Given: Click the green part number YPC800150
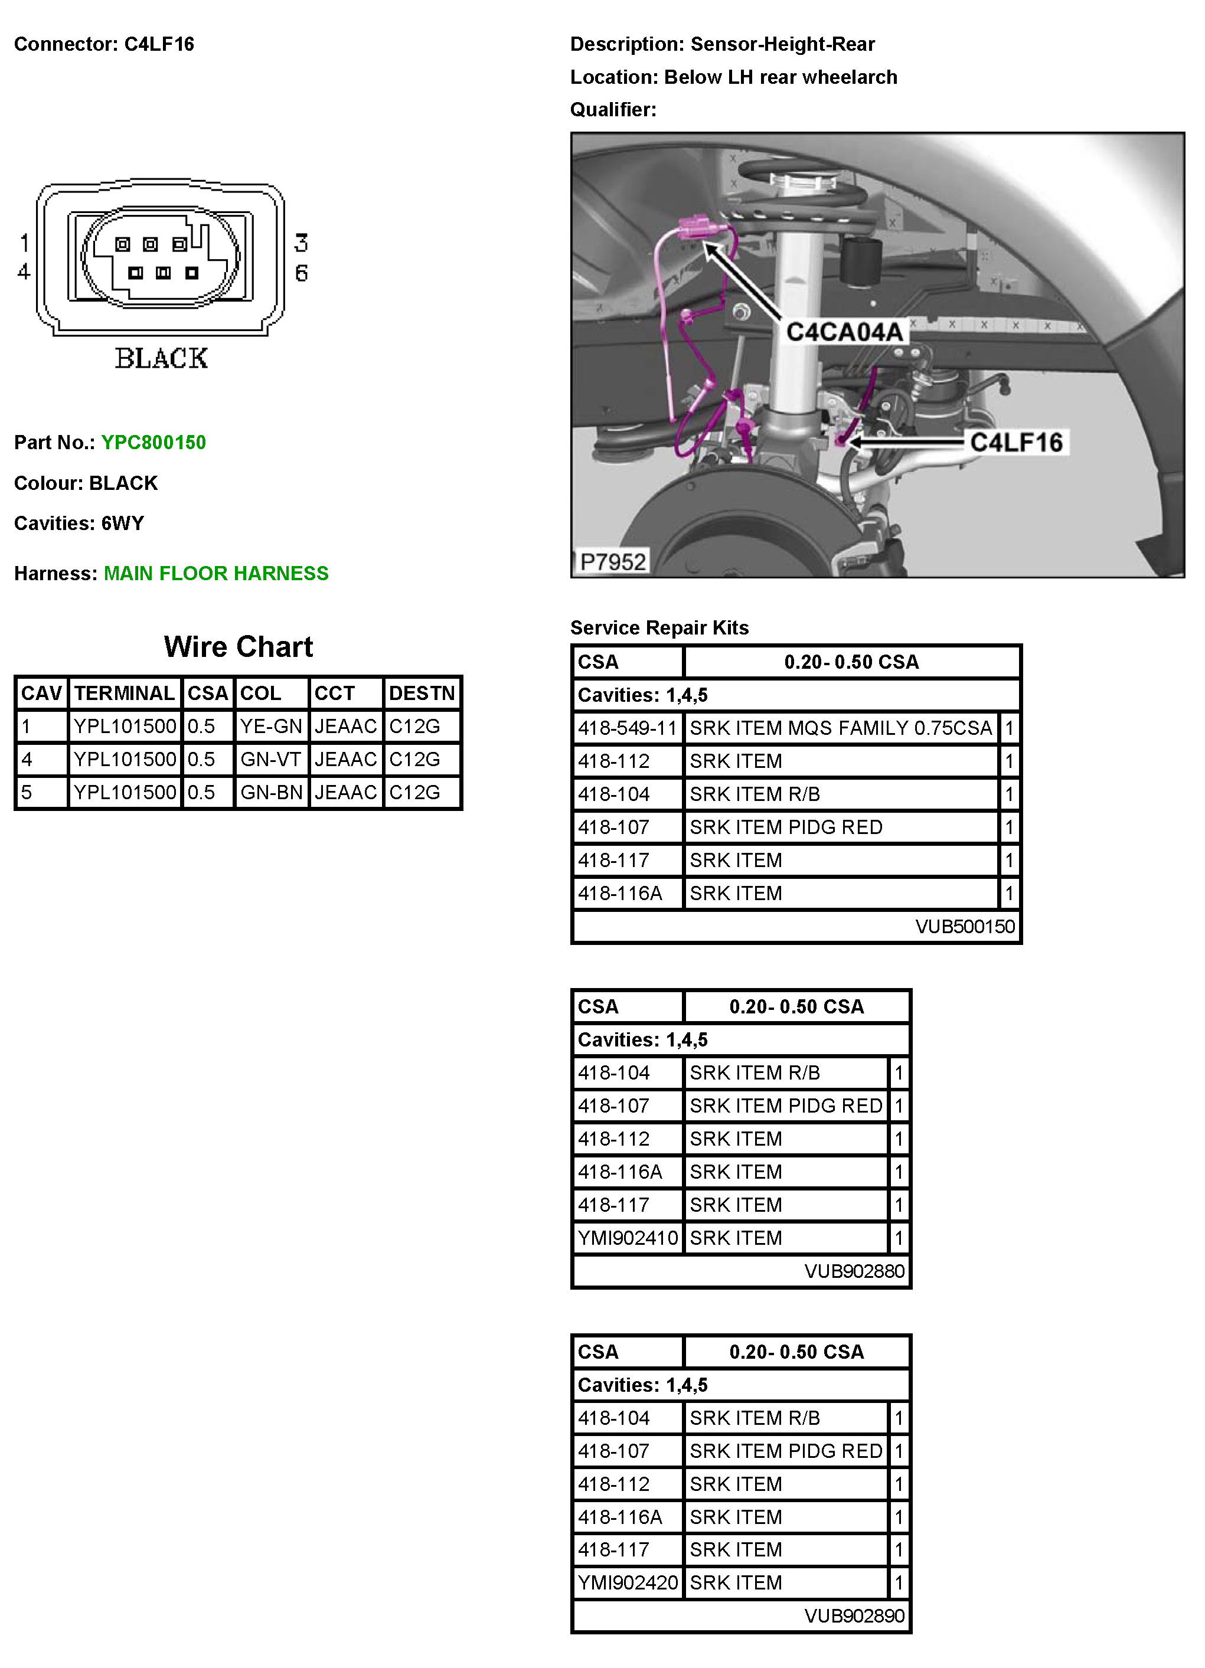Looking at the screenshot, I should pos(153,442).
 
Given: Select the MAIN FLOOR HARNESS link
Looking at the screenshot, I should pos(215,573).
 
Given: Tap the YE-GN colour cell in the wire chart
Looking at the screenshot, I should pos(271,726).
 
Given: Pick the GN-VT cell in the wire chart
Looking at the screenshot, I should pos(271,759).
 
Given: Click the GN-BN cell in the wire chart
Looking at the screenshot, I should pos(271,792).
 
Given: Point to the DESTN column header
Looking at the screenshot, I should pos(422,693).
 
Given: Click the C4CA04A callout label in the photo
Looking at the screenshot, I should pos(844,332).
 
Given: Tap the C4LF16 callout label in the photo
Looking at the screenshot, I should pos(1016,442).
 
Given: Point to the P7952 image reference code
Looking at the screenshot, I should pos(612,562).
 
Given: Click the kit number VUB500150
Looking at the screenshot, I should pos(965,926).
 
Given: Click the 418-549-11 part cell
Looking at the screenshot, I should pos(627,728).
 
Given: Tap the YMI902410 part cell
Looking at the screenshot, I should pos(628,1238).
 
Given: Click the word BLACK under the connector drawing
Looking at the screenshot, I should pos(161,358).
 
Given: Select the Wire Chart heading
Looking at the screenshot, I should pos(239,646).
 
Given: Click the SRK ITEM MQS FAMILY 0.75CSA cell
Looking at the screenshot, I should pos(840,728).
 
